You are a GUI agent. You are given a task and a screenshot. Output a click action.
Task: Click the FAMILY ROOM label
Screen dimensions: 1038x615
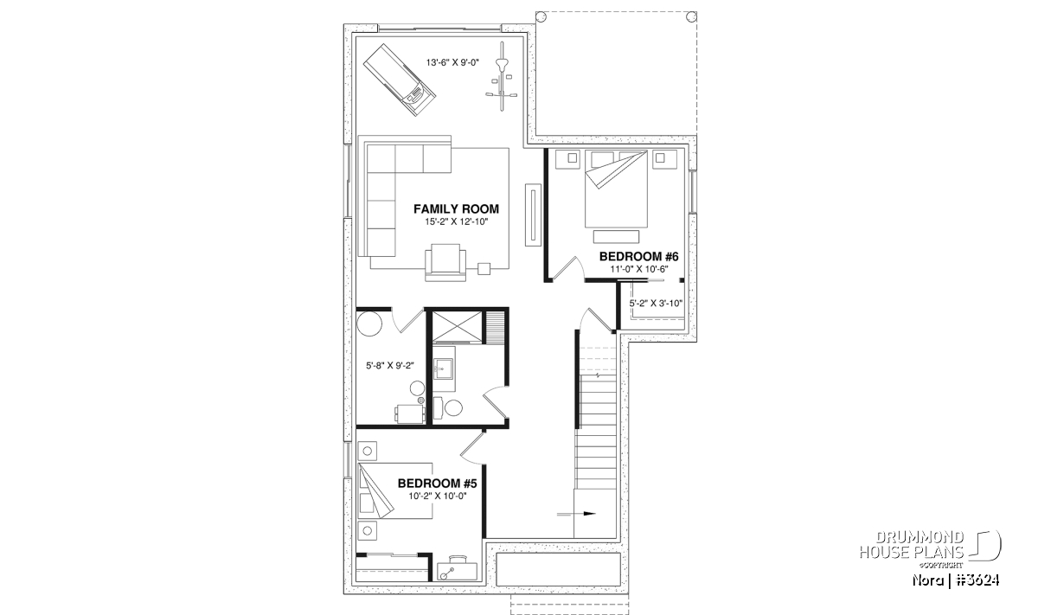(456, 209)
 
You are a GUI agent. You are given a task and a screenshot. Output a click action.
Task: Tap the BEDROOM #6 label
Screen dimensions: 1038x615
(638, 256)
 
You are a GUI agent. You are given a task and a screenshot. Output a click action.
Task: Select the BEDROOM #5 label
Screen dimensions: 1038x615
(437, 484)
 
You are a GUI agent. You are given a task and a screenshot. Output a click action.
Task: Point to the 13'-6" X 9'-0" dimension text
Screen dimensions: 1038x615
(452, 62)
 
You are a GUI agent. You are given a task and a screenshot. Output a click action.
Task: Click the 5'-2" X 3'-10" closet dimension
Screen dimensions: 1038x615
(656, 304)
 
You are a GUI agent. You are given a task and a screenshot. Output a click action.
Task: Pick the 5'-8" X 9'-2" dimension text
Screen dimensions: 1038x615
(390, 366)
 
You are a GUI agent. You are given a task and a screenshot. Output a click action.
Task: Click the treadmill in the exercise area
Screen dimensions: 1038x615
(399, 80)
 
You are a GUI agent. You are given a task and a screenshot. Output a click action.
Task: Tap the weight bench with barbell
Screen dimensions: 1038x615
(501, 77)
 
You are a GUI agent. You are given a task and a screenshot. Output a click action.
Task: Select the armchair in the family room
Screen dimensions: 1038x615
(445, 262)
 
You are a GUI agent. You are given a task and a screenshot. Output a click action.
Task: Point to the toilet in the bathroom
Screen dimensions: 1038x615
(449, 407)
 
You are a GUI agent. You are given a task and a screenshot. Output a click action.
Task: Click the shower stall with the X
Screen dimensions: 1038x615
(458, 326)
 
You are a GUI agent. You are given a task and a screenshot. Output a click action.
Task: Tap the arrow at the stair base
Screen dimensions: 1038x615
(576, 514)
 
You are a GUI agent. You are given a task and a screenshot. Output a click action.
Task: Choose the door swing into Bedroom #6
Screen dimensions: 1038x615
(568, 268)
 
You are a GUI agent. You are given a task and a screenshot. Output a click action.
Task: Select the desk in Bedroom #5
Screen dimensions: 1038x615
(458, 568)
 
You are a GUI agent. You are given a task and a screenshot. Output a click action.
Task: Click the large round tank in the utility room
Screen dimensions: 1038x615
(368, 324)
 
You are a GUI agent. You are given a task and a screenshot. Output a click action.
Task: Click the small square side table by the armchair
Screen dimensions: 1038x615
(484, 269)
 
